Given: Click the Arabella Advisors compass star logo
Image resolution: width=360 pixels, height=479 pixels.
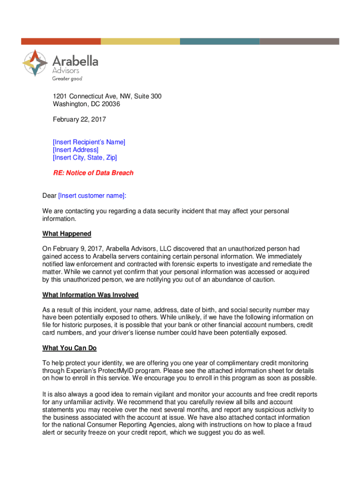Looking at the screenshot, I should (x=35, y=63).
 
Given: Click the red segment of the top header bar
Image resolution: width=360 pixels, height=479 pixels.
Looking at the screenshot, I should (x=61, y=41).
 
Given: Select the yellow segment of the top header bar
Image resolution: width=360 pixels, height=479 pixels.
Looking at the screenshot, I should (x=140, y=41).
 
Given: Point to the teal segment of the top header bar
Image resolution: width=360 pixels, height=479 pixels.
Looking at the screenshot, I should (x=220, y=41).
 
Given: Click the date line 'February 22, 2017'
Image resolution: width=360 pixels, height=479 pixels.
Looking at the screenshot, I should (x=79, y=119).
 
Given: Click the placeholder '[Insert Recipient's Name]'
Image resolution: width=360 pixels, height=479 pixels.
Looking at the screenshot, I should (x=89, y=142).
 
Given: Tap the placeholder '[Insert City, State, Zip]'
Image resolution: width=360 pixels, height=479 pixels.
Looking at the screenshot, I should (x=85, y=157).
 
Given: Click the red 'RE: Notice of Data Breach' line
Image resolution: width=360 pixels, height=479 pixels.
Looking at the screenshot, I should (x=93, y=173).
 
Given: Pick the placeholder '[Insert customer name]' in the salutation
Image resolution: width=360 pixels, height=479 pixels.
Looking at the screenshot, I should (x=92, y=196).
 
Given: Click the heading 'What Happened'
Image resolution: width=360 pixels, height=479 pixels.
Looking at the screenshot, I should (x=67, y=233).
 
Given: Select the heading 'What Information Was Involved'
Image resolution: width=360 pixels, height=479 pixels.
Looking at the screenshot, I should (x=90, y=295).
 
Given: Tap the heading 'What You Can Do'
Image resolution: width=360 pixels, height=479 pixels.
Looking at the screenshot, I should (x=70, y=348).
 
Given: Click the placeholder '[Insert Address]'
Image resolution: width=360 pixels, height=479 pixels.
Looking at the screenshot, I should (x=76, y=150).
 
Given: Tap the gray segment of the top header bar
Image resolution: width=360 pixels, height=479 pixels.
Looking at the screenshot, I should (x=299, y=41).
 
